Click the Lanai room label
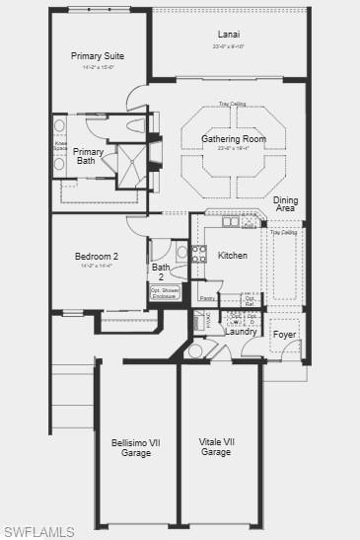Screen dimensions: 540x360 coord(229,34)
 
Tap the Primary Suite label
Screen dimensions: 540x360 coord(98,56)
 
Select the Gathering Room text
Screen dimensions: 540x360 coord(234,139)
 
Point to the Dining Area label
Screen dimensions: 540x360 coord(285,204)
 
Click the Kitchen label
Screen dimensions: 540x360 coord(233,256)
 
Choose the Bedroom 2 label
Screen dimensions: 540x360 coord(97,257)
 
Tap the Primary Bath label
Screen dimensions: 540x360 coord(89,156)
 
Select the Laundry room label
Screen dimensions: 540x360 coord(241,332)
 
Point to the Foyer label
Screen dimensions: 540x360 coord(285,334)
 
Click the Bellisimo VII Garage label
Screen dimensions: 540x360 coord(136,447)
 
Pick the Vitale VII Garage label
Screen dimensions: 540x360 coord(216,447)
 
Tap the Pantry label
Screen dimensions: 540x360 coord(207,297)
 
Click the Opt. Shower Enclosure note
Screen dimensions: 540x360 coord(165,292)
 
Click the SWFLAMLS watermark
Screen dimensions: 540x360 coord(38,531)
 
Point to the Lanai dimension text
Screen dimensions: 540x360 coord(229,46)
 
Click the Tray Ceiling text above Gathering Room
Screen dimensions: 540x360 coord(233,104)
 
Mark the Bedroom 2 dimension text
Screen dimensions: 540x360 coord(97,267)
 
